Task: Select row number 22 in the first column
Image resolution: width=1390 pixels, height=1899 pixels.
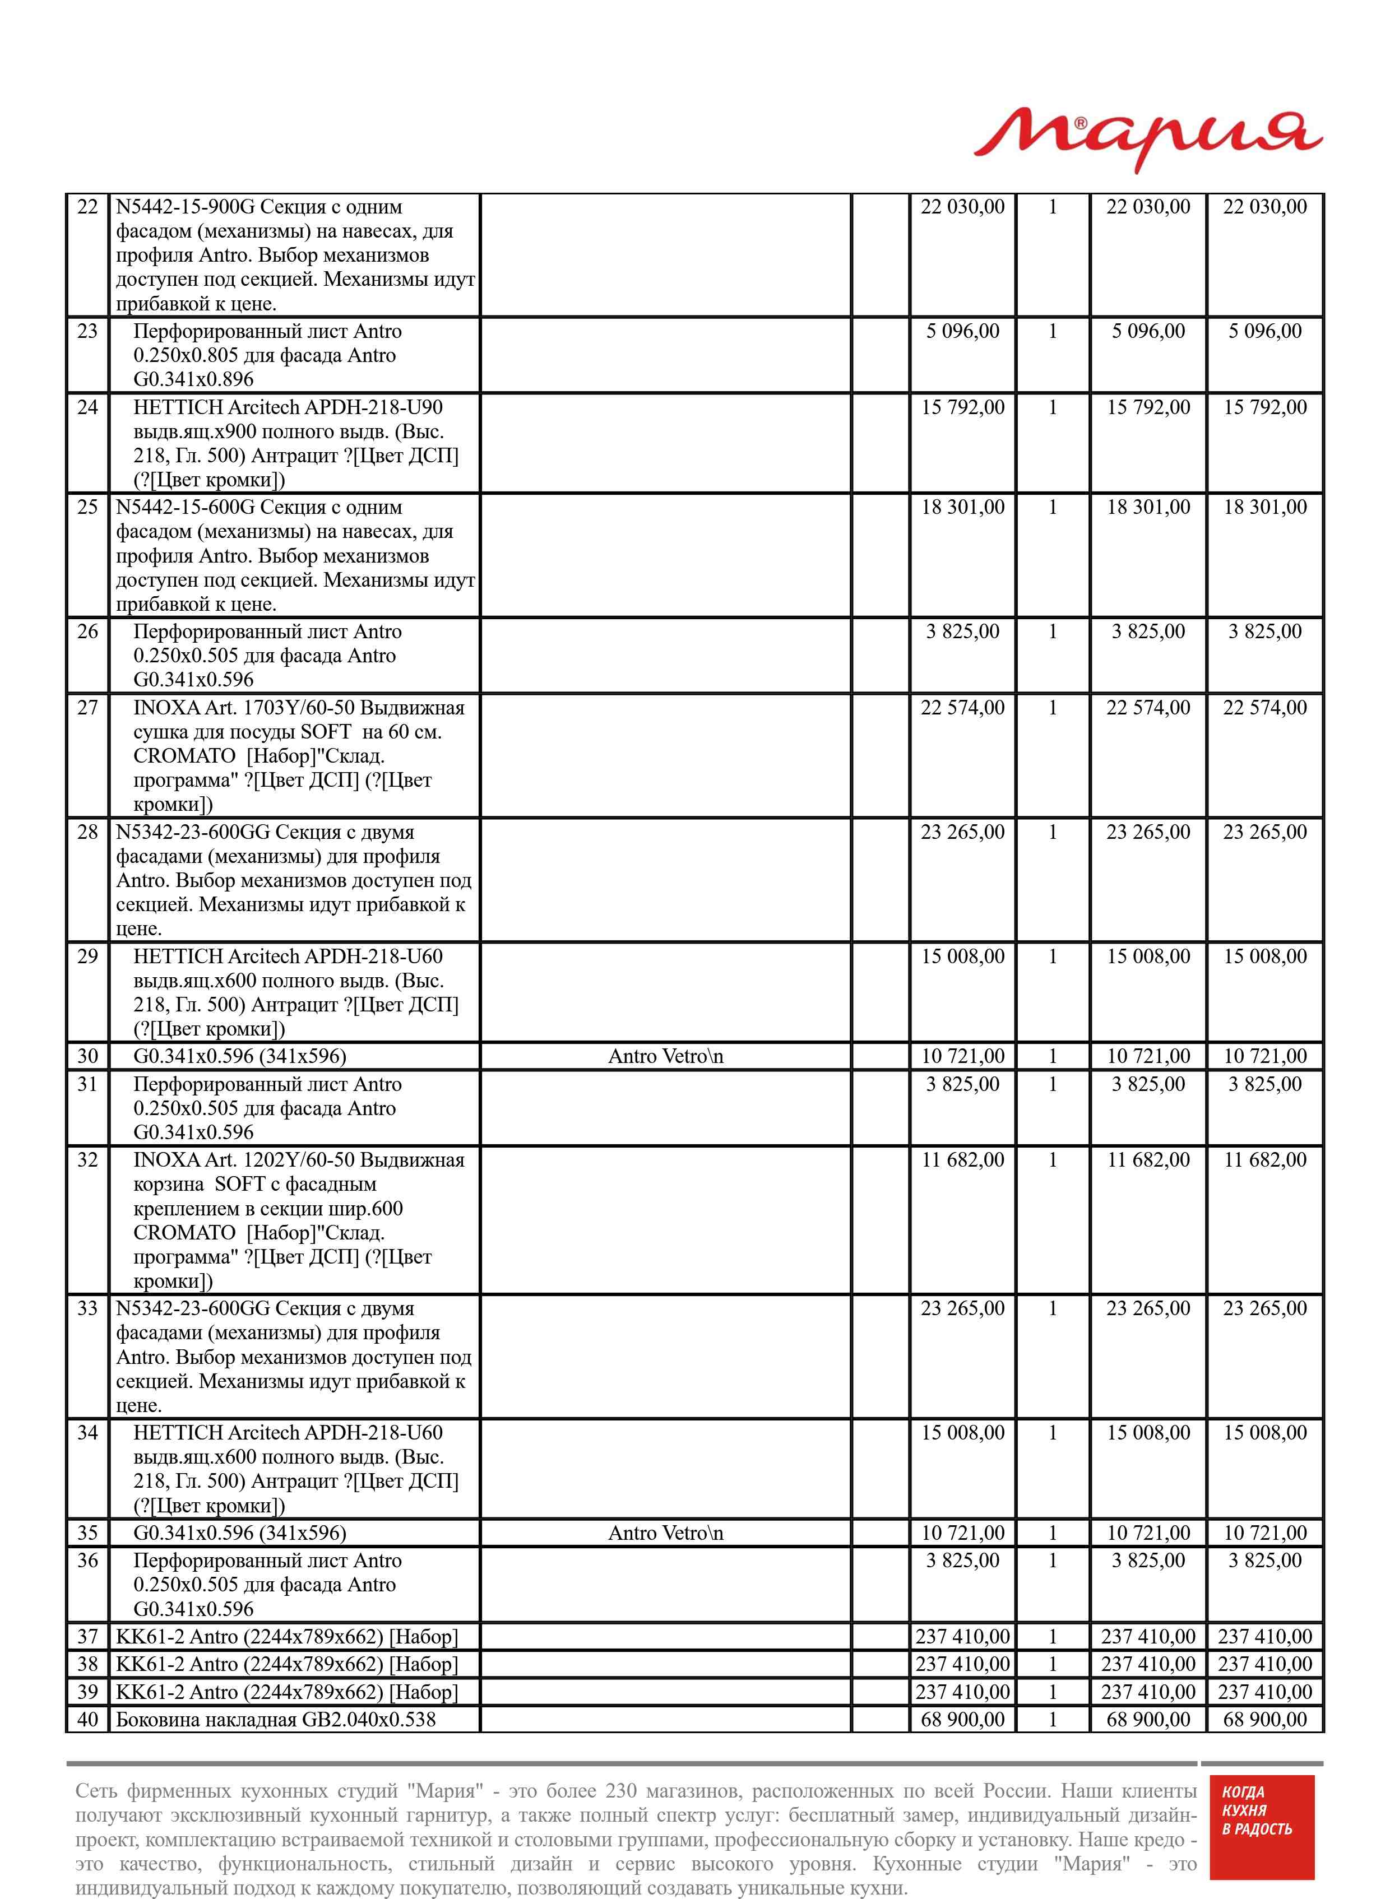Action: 87,207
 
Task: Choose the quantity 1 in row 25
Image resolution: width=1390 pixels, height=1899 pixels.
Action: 1052,507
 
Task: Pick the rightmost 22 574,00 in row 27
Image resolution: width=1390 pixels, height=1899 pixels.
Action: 1264,708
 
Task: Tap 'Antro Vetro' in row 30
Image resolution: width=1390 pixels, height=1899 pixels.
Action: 665,1056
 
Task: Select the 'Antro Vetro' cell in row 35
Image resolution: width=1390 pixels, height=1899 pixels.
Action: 665,1533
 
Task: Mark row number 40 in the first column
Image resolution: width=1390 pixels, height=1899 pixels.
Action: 87,1720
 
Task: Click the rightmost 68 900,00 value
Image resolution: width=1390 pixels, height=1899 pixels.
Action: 1264,1720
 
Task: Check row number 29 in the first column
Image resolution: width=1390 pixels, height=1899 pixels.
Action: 87,957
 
